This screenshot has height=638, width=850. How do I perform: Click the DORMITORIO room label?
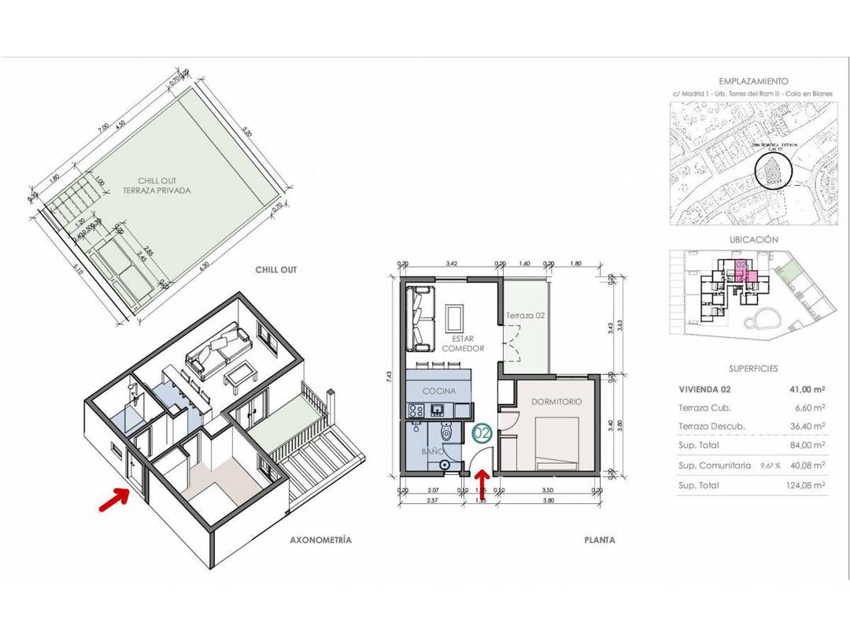(556, 402)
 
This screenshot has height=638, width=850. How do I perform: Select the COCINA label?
(438, 391)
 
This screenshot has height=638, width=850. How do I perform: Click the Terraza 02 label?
(525, 315)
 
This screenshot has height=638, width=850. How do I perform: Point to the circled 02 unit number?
(482, 432)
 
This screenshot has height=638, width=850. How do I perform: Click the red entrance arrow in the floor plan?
(482, 478)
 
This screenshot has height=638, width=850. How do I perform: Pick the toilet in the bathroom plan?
(446, 431)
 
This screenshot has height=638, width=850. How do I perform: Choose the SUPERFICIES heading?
(753, 368)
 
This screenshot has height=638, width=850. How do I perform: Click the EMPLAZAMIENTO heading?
(753, 81)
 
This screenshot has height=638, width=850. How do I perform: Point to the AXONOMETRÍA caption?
(320, 540)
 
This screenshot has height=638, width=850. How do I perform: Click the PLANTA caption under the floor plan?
(599, 540)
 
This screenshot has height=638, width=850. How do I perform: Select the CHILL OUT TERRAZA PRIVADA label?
(157, 186)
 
